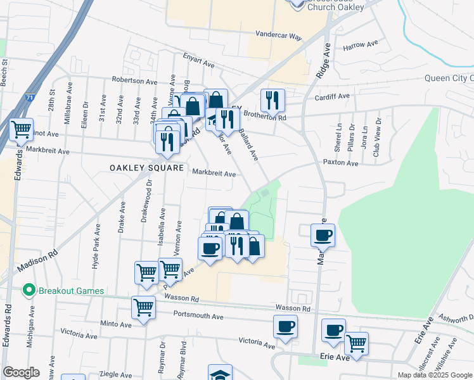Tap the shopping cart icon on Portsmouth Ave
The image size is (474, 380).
(x=144, y=308)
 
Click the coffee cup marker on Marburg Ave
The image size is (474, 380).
(x=323, y=236)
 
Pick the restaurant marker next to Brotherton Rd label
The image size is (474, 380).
(x=272, y=100)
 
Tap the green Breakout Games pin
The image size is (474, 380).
(x=28, y=291)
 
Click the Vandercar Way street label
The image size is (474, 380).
(x=279, y=36)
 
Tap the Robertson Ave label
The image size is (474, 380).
(x=134, y=81)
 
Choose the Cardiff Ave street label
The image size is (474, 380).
(x=333, y=96)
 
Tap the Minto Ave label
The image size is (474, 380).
(x=116, y=324)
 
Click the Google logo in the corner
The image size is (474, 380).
(x=21, y=372)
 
